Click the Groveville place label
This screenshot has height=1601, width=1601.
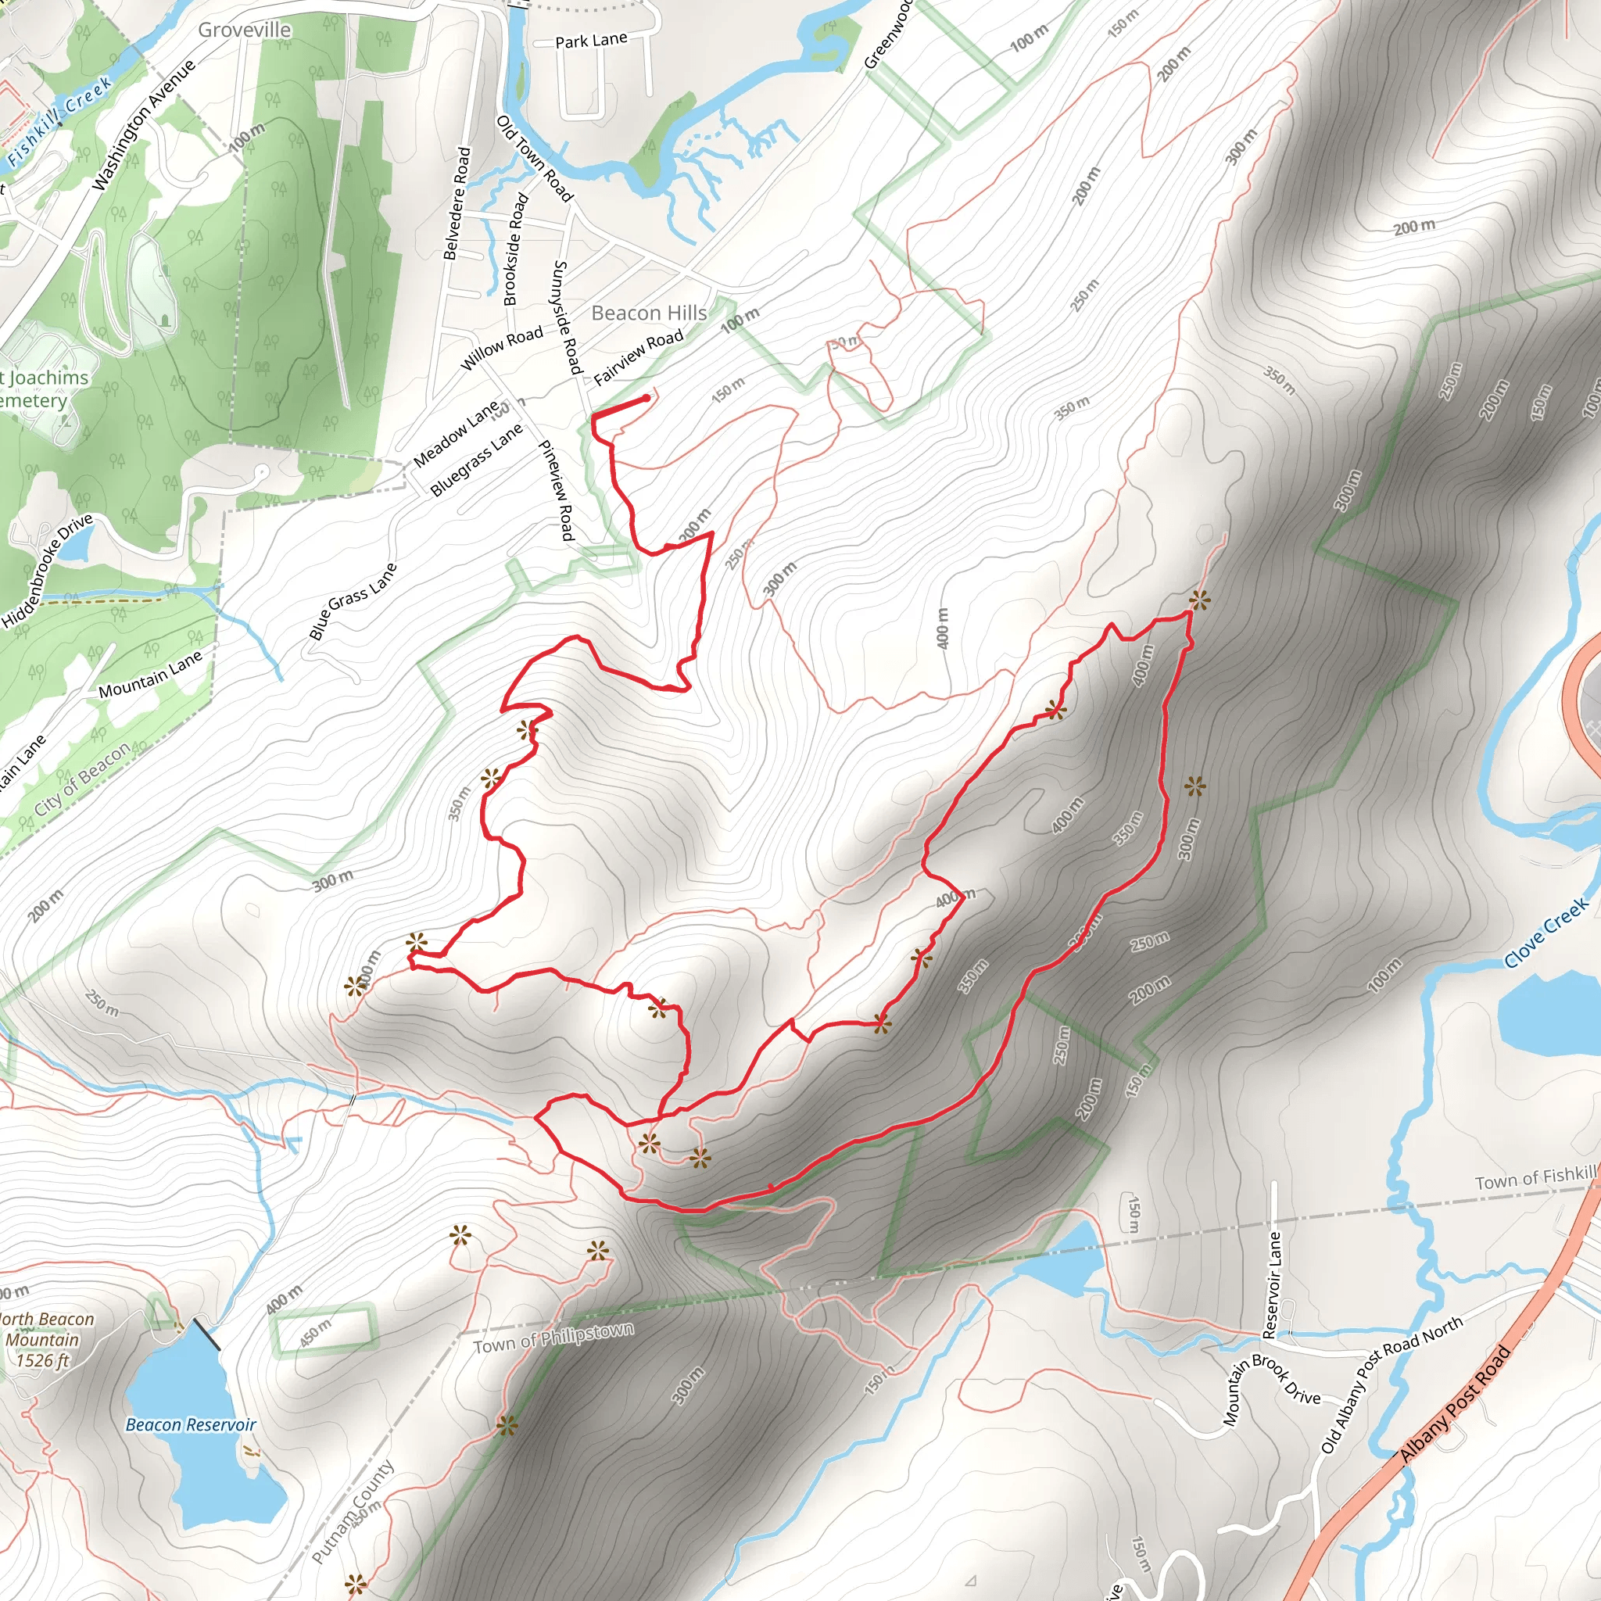(245, 30)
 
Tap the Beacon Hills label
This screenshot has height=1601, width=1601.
(649, 313)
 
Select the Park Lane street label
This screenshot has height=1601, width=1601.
(591, 41)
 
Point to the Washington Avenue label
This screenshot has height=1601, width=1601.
(143, 125)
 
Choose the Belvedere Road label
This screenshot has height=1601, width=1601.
(457, 203)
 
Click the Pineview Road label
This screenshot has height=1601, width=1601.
(557, 491)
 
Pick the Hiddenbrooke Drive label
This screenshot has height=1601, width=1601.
(47, 571)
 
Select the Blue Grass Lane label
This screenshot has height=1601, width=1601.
(353, 601)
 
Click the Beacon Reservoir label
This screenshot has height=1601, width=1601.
(191, 1424)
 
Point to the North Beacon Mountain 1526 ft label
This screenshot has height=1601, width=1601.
(45, 1339)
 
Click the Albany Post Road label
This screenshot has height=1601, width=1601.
(1454, 1406)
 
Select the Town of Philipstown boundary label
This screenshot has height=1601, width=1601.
(553, 1339)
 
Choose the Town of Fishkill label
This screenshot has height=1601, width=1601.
(1535, 1177)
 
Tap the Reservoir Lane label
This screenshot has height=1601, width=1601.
(1271, 1284)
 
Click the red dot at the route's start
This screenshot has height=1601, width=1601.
(646, 399)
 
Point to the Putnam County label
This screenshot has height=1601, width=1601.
(354, 1512)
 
